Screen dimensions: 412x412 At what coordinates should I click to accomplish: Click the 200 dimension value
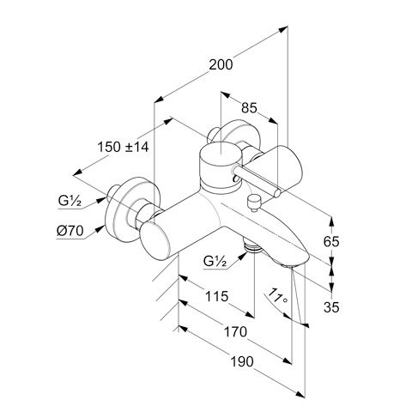coord(221,64)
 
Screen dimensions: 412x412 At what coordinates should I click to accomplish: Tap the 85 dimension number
coord(249,108)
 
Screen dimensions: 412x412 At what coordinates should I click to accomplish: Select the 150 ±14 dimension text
coord(124,147)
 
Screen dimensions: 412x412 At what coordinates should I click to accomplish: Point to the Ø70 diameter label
coord(70,231)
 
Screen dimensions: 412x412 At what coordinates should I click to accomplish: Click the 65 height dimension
coord(331,241)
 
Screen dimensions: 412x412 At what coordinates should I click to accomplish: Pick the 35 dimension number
coord(331,307)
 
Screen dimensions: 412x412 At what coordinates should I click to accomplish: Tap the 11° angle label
coord(276,297)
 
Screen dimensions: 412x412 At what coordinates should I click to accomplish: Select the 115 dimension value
coord(217,296)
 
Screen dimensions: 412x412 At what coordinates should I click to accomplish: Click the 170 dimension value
coord(235,332)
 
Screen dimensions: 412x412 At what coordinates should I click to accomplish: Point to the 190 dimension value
coord(242,361)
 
